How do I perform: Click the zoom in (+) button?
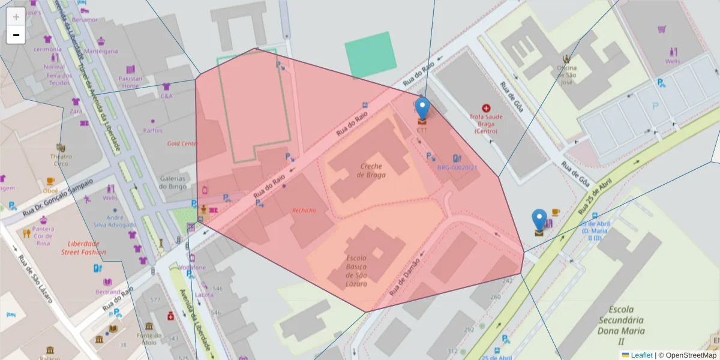[16, 17]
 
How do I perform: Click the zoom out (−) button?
[16, 35]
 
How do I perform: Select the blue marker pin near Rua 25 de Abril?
[539, 221]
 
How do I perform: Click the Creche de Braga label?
[371, 170]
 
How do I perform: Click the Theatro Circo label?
[61, 160]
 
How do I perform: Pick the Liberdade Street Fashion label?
[83, 248]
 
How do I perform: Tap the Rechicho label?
[304, 210]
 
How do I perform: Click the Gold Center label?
[182, 143]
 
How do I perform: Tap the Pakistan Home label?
[131, 82]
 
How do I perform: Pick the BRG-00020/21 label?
[457, 167]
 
